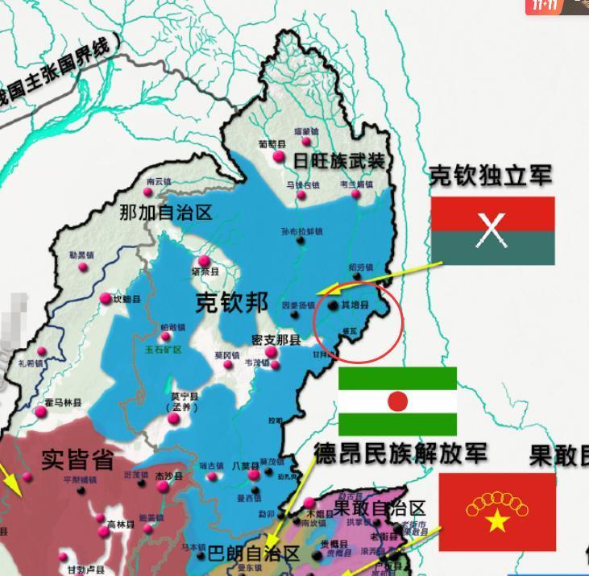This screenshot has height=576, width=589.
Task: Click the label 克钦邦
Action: (232, 302)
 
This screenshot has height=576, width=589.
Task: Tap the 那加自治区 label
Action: (165, 213)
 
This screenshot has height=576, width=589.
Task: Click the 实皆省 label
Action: (77, 460)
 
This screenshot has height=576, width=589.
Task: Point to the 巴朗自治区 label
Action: (254, 555)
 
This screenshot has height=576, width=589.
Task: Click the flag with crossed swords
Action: (492, 230)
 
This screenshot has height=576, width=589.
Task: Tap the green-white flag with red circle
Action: (397, 401)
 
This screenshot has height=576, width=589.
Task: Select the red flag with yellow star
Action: (497, 512)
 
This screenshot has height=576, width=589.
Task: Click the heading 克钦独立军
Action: (490, 176)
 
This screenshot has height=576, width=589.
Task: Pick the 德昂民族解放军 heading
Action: (400, 452)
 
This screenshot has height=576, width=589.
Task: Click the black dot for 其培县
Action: (334, 305)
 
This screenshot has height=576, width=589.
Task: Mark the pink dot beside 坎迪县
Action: (106, 299)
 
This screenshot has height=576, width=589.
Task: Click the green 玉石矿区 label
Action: (164, 350)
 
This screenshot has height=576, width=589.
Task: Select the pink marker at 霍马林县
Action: (41, 412)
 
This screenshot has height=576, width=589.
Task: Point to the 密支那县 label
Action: (276, 341)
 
